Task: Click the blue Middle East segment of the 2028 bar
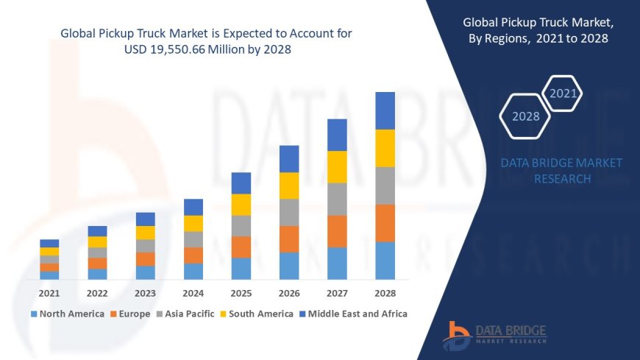coord(385,110)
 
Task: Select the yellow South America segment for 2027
coord(337,166)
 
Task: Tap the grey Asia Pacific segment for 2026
coord(289,212)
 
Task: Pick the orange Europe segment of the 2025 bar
coord(241,247)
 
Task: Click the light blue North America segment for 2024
coord(193,271)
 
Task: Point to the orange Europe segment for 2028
coord(385,223)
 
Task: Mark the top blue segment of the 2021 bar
coord(49,243)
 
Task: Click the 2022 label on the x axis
coord(97,293)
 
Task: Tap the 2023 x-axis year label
coord(145,293)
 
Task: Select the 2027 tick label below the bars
coord(337,293)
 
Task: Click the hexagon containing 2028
coord(525,116)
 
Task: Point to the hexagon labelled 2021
coord(563,93)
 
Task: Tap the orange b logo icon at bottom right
coord(457,336)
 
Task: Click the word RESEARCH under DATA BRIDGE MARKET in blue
coord(561,179)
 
